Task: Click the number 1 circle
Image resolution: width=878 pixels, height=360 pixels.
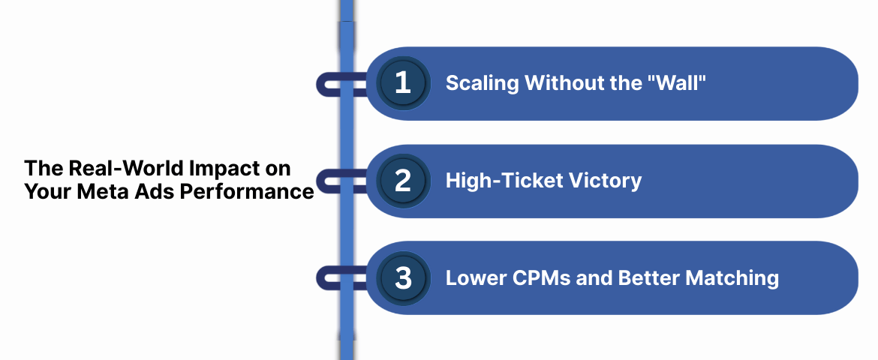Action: [x=403, y=83]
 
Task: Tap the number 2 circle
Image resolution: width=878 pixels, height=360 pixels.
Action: [x=403, y=181]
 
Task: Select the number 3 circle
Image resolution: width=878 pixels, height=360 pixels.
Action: [x=403, y=278]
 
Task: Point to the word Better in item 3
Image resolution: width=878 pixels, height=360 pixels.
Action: [x=642, y=278]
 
